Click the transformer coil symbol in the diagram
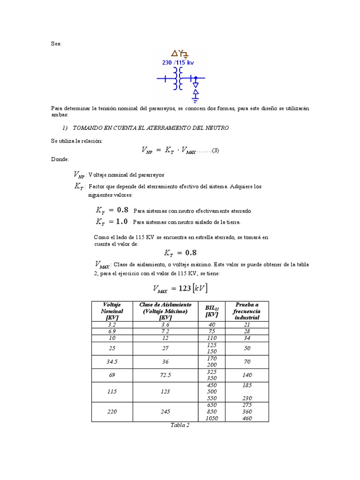tap(178, 79)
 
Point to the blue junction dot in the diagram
tap(196, 79)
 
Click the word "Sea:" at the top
tap(56, 44)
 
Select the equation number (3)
tap(216, 150)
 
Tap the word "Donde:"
tap(60, 159)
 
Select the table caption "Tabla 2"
tap(180, 426)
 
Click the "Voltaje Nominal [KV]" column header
tap(112, 311)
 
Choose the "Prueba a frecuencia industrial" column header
tap(247, 311)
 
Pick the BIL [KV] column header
tap(212, 311)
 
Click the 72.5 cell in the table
tap(166, 375)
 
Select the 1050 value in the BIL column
tap(212, 418)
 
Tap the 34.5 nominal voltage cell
tap(112, 362)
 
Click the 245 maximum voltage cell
tap(166, 412)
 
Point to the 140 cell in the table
tap(247, 375)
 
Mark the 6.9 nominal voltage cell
tap(112, 331)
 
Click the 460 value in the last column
tap(247, 418)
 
